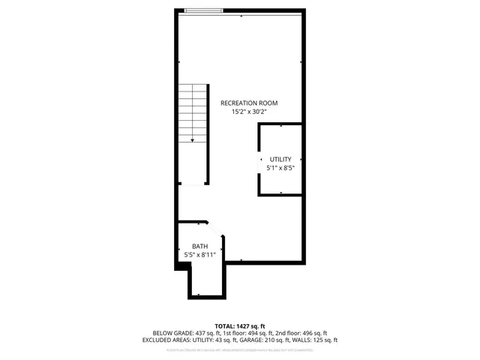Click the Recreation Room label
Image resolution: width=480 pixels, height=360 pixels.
click(250, 103)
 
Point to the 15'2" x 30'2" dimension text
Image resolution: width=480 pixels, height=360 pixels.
click(250, 112)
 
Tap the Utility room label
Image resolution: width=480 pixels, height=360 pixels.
click(280, 159)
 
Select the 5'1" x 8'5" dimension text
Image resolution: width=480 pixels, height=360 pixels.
click(280, 168)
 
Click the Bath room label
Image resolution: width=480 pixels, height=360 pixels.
click(199, 246)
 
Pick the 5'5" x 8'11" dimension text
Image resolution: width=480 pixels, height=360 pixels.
click(199, 255)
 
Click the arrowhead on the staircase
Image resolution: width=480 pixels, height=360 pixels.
click(193, 139)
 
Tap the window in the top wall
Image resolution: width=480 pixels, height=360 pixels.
click(204, 10)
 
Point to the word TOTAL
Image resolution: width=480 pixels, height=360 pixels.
click(224, 325)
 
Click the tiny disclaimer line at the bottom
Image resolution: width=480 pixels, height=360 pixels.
click(240, 349)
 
